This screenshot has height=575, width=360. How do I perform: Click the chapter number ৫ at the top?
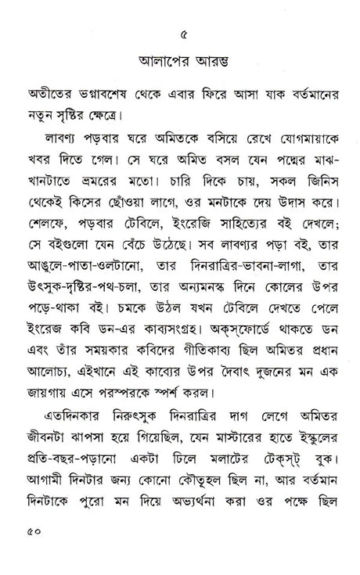pos(182,34)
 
